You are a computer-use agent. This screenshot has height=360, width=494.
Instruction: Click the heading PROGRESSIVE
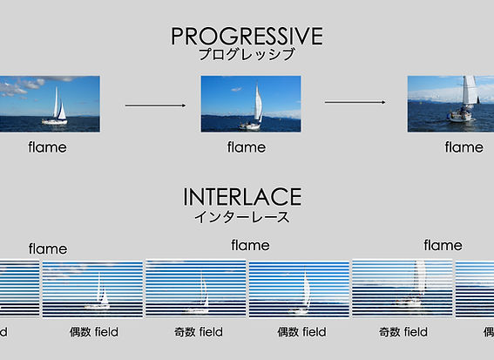(x=247, y=36)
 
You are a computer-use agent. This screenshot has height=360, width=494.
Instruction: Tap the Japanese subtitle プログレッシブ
(x=247, y=54)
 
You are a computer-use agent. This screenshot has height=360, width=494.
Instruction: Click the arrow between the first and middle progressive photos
(x=155, y=105)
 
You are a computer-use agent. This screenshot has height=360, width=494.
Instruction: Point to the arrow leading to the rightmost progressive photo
(x=355, y=102)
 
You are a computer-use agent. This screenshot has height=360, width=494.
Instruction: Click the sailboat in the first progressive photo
(x=58, y=106)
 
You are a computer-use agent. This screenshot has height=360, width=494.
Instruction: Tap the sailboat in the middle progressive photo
(x=254, y=109)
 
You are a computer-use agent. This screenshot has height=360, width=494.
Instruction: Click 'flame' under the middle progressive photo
(x=247, y=147)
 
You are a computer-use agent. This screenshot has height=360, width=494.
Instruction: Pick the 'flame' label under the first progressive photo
(x=47, y=147)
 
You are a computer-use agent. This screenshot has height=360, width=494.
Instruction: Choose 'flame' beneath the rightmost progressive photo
(x=464, y=147)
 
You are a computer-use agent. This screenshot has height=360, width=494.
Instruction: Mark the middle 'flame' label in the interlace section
(x=250, y=246)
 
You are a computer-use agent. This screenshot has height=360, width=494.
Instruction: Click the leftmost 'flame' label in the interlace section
(x=47, y=248)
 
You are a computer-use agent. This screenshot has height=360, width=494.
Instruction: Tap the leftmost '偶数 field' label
(x=93, y=332)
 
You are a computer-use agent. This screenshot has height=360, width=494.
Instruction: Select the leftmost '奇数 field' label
(x=197, y=332)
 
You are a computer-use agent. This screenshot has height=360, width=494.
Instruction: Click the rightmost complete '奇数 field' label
(x=403, y=332)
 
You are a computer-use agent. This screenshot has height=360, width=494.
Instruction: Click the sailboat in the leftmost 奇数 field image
(x=200, y=294)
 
